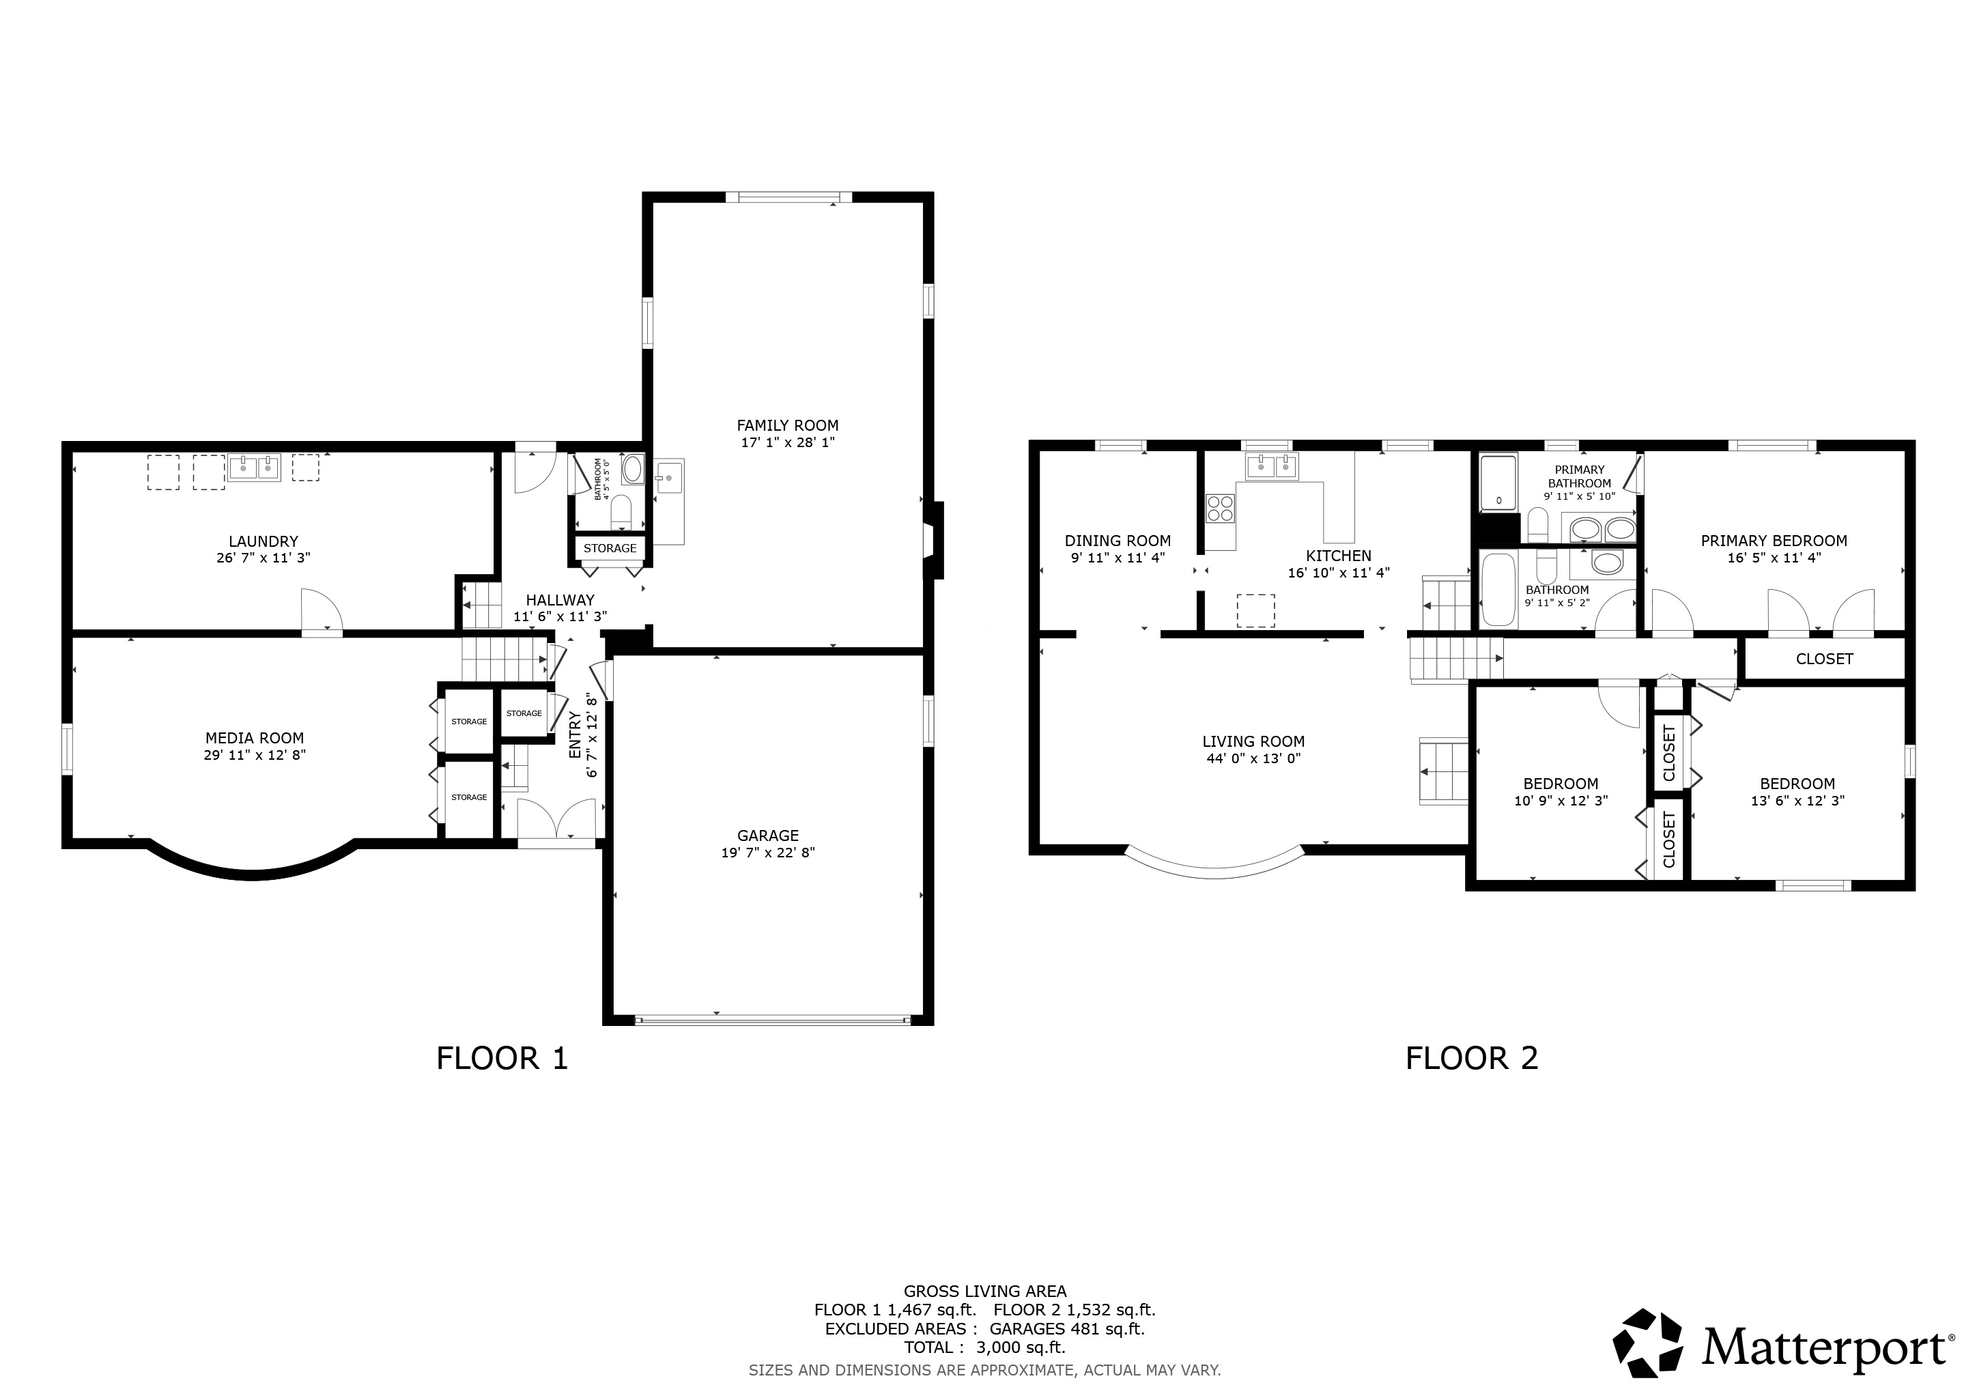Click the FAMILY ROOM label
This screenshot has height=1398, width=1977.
point(787,425)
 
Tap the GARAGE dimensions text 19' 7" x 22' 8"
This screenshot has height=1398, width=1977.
point(768,852)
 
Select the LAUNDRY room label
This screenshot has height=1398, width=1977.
point(264,541)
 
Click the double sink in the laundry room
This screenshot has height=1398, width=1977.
point(255,468)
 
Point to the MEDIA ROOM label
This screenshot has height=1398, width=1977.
point(255,738)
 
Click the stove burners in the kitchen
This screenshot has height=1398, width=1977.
point(1220,508)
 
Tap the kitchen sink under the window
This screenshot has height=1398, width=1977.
point(1272,467)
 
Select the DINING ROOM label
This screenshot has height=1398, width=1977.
point(1118,541)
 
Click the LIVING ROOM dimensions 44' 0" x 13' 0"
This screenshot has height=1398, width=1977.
point(1253,758)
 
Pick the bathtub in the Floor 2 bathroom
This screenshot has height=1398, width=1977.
point(1499,590)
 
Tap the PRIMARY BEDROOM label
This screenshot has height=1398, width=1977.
point(1774,541)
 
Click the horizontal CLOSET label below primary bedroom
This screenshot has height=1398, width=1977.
point(1825,659)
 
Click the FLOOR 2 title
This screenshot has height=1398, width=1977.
point(1472,1058)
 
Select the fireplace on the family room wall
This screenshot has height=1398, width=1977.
point(935,540)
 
